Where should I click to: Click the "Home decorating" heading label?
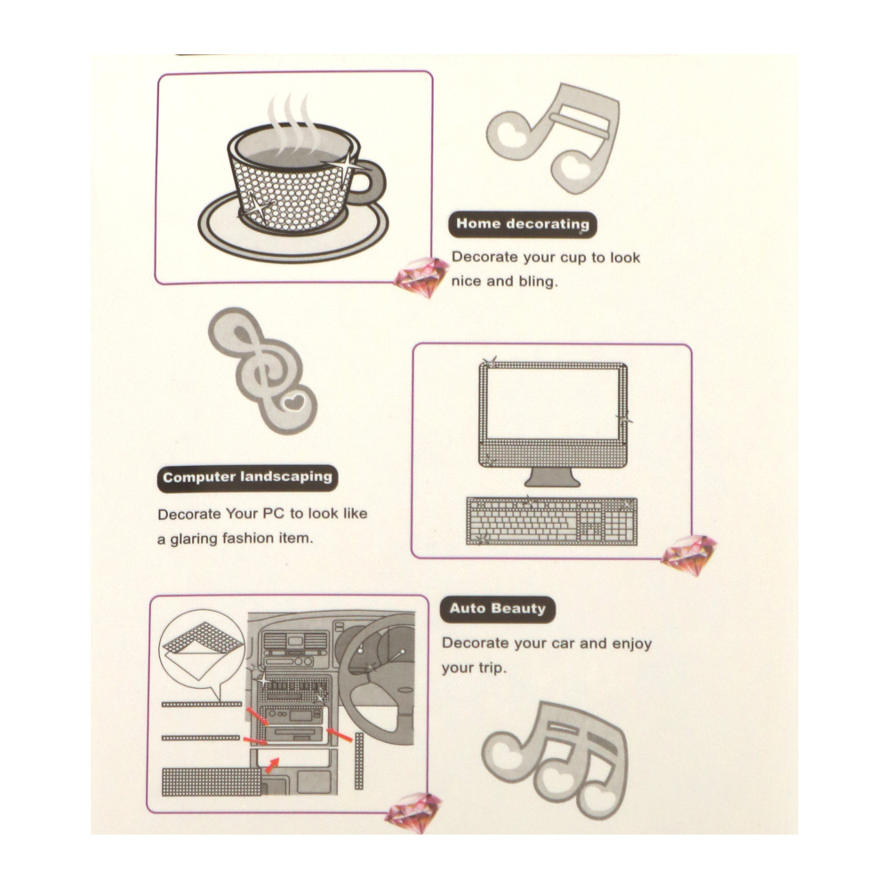pos(522,225)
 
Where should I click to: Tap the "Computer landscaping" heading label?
pos(247,478)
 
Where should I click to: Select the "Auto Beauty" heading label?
pos(497,610)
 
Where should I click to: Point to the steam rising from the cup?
pos(291,122)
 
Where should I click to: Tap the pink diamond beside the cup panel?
pos(420,276)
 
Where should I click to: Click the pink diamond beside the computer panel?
pos(688,554)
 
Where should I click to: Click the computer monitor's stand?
pos(552,477)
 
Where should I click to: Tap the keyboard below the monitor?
pos(552,521)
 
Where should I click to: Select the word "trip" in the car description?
pos(489,669)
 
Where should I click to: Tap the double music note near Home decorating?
pos(554,138)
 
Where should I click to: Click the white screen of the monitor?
pos(553,403)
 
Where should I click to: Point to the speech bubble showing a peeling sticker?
pos(203,652)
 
